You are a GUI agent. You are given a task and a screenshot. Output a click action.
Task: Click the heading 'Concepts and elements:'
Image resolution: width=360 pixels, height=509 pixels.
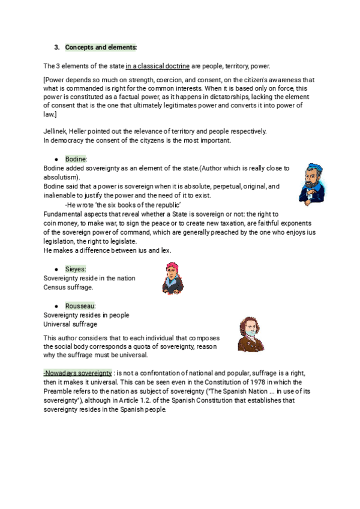click(101, 47)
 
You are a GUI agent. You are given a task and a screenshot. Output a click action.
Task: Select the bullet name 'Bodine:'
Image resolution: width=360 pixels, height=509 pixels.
click(76, 158)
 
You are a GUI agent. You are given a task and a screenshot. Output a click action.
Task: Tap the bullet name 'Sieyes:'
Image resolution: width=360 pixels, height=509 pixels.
click(76, 270)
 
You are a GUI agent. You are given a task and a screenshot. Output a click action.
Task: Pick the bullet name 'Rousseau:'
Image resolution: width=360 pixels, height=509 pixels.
click(80, 306)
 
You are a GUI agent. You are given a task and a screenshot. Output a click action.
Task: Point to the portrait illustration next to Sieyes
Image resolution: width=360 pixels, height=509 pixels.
click(172, 279)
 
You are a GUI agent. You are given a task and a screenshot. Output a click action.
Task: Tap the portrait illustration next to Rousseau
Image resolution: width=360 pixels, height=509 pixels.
click(250, 335)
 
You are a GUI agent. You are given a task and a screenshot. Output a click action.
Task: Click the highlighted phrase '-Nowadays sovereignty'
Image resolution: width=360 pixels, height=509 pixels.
click(77, 373)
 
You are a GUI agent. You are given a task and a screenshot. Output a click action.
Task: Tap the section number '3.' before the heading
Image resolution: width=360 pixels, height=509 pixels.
click(57, 47)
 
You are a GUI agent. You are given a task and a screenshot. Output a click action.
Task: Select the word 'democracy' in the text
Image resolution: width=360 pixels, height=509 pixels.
click(68, 140)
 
